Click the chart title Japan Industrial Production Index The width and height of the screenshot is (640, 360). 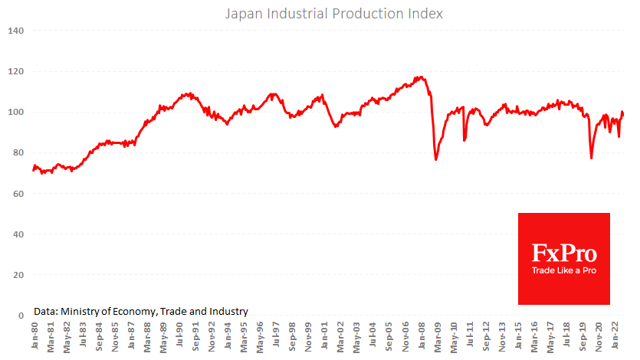[333, 14]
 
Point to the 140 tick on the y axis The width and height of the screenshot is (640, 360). [16, 31]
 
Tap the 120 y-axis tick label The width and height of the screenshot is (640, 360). [16, 71]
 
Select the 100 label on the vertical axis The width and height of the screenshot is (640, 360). [16, 112]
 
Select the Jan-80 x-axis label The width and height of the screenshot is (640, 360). [34, 336]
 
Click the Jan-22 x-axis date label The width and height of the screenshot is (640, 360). [615, 336]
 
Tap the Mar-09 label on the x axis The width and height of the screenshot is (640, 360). [437, 336]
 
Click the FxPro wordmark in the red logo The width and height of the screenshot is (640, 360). [564, 253]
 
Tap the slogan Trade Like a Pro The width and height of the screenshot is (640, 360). [564, 270]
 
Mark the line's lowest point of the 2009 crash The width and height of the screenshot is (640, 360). [436, 159]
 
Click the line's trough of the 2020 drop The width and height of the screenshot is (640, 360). [591, 158]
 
